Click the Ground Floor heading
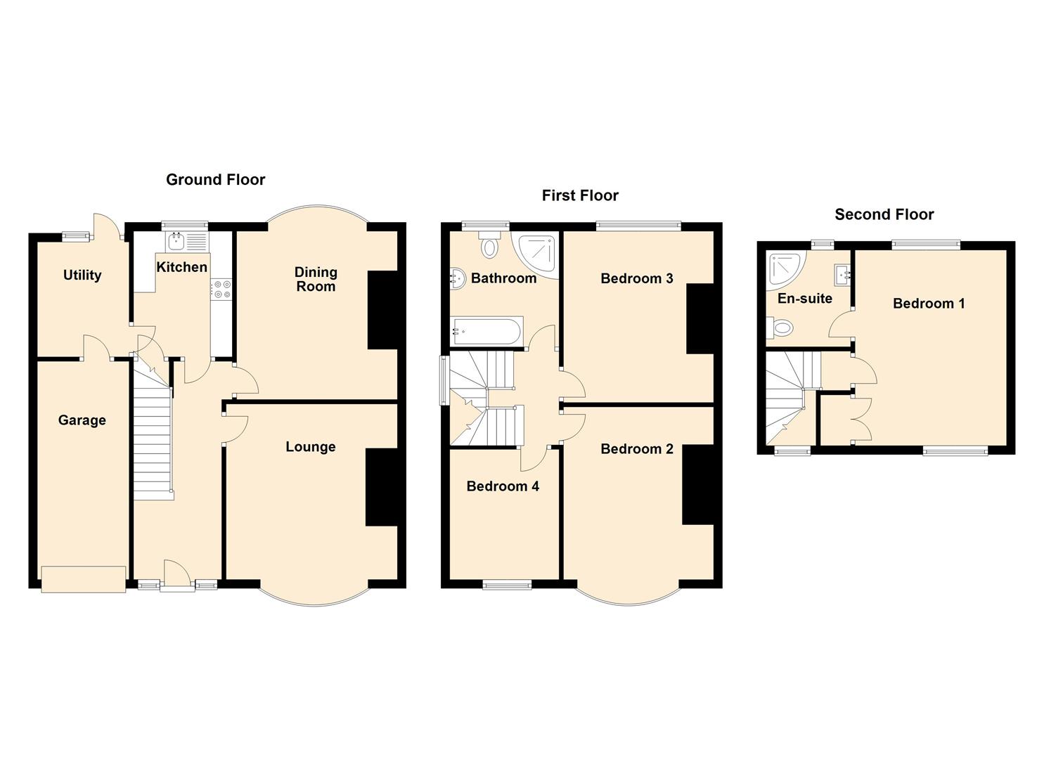tap(215, 180)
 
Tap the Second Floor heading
tap(884, 215)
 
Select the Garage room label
tap(82, 420)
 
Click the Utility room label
tap(82, 275)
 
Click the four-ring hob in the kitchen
tap(221, 288)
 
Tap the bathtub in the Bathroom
tap(486, 331)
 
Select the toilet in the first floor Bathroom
tap(489, 244)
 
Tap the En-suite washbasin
tap(843, 275)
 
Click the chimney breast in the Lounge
tap(382, 487)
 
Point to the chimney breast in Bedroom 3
tap(700, 318)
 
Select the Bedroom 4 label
tap(503, 486)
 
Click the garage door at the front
tap(84, 579)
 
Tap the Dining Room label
tap(316, 279)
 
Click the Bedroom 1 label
tap(929, 304)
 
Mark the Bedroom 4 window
tap(507, 585)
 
